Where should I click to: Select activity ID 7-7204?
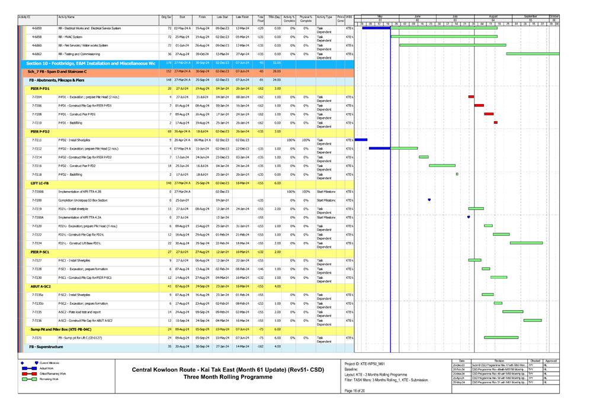click(x=37, y=96)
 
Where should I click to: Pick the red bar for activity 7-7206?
click(x=479, y=105)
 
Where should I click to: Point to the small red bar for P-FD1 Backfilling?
click(x=495, y=123)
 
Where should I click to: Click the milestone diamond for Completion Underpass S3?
click(x=429, y=200)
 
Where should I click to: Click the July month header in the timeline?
click(x=455, y=17)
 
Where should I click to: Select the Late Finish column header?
click(x=242, y=18)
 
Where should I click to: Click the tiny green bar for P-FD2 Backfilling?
click(x=457, y=174)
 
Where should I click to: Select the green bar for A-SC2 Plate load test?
click(x=512, y=311)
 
